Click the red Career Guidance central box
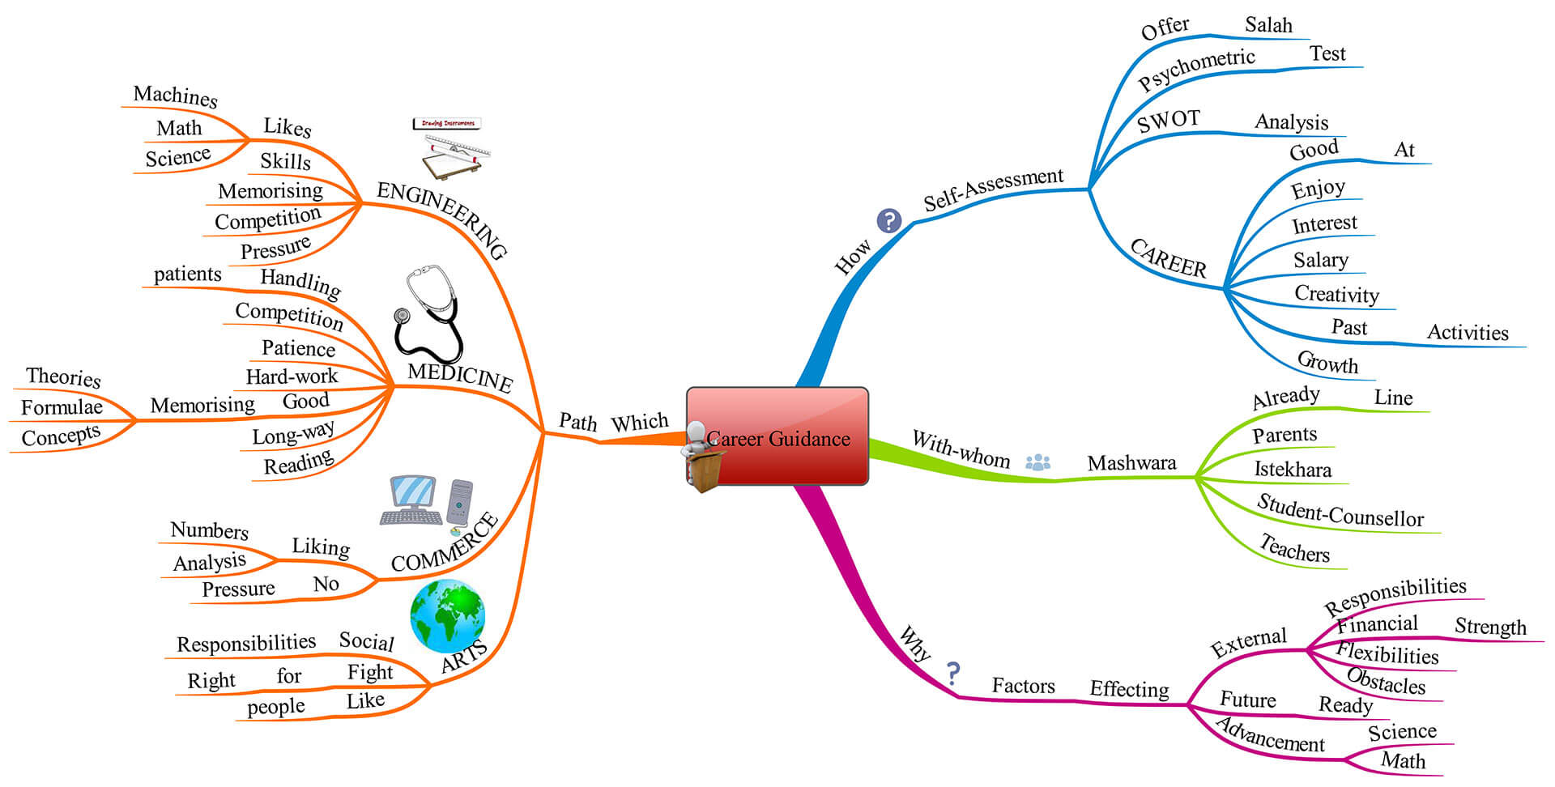[x=777, y=436]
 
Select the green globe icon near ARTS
[x=448, y=616]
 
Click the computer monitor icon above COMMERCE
[x=413, y=500]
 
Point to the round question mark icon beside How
[x=889, y=220]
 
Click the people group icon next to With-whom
[x=1037, y=462]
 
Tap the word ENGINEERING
[x=442, y=219]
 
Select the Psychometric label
[x=1196, y=68]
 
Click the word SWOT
[x=1169, y=121]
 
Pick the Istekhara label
[x=1293, y=470]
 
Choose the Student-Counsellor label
[x=1340, y=511]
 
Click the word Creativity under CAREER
[x=1336, y=294]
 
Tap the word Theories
[x=63, y=376]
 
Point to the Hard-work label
[x=292, y=376]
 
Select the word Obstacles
[x=1386, y=681]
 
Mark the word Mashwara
[x=1131, y=463]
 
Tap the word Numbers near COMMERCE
[x=209, y=530]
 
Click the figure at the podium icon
[x=701, y=457]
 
